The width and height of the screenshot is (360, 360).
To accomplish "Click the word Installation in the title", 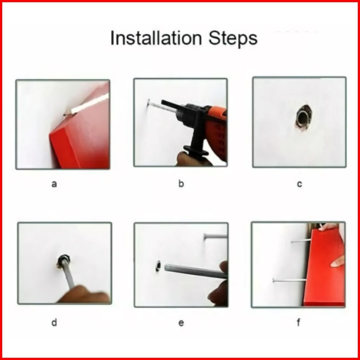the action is (156, 38).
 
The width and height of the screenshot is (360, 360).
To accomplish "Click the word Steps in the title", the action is (233, 39).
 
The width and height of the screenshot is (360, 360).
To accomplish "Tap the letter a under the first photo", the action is (54, 184).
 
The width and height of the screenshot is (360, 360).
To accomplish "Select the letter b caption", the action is (181, 184).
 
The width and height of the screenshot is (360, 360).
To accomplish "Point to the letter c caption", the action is (300, 184).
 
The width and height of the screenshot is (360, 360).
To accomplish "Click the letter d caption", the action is (54, 322).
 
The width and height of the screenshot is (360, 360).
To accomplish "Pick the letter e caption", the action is (181, 323).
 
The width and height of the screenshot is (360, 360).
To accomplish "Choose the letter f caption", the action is (298, 322).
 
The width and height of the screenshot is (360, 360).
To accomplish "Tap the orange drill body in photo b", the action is (216, 131).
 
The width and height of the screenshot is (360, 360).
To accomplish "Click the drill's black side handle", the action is (196, 138).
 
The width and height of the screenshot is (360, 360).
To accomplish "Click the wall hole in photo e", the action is (158, 266).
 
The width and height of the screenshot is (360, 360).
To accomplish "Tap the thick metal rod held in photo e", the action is (196, 272).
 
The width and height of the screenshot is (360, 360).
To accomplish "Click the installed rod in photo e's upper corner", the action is (216, 236).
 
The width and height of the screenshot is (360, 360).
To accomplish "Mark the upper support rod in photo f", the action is (301, 241).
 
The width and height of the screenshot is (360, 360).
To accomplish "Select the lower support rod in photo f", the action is (289, 280).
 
